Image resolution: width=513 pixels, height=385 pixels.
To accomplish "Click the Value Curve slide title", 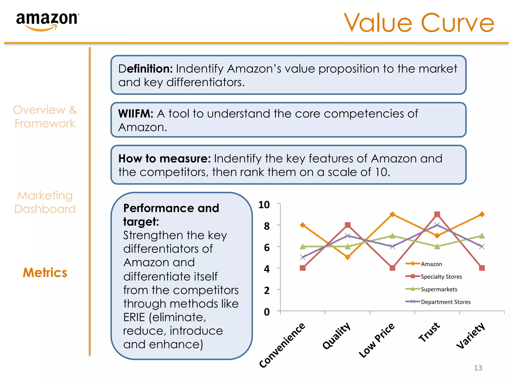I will click(x=419, y=23).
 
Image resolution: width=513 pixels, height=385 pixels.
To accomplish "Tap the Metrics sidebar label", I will click(x=45, y=273).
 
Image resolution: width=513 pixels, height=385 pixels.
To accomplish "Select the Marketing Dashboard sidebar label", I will click(x=45, y=202).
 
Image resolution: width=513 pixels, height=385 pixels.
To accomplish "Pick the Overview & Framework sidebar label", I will click(x=45, y=117).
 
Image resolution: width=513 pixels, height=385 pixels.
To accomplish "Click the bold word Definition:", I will click(x=146, y=69).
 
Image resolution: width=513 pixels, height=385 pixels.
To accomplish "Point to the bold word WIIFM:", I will click(x=136, y=114).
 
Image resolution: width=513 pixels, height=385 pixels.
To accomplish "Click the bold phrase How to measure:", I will click(x=165, y=159).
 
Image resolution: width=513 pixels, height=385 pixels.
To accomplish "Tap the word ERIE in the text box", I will click(x=134, y=318).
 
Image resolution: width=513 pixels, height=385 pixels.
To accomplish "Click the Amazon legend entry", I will click(x=431, y=264).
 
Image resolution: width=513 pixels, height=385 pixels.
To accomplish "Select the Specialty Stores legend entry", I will click(x=441, y=277).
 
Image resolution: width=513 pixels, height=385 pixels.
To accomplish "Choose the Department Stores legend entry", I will click(x=445, y=302).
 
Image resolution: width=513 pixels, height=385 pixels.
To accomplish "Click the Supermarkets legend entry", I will click(x=439, y=289).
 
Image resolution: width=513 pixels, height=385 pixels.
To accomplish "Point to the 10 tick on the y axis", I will click(x=264, y=205).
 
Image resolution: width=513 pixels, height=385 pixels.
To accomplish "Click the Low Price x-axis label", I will click(x=376, y=340).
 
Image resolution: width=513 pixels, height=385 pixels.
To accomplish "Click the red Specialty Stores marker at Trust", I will click(x=437, y=214).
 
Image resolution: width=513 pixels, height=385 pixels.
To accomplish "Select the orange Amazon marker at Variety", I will click(x=482, y=214).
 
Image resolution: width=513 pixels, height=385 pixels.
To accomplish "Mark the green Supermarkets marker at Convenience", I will click(x=303, y=247).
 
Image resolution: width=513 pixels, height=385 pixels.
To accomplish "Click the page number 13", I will click(x=478, y=368).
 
